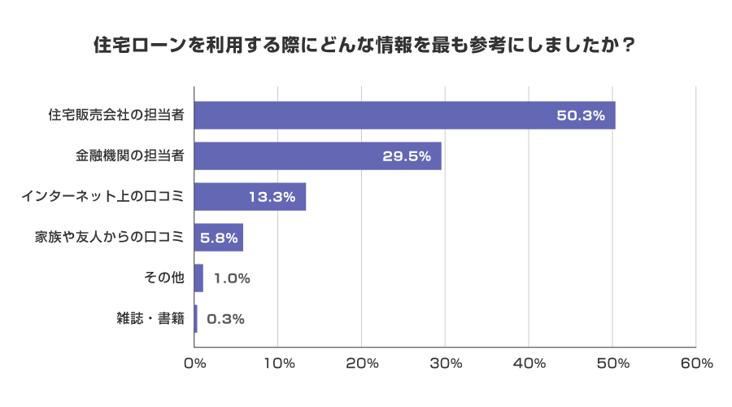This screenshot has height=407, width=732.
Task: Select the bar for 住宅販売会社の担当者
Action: pyautogui.click(x=404, y=116)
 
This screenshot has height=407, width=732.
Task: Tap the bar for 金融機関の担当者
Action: pyautogui.click(x=318, y=156)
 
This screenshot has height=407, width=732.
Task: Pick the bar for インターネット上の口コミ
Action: pyautogui.click(x=250, y=197)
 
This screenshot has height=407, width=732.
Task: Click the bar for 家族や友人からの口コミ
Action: pyautogui.click(x=219, y=238)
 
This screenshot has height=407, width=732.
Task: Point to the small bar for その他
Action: pyautogui.click(x=199, y=278)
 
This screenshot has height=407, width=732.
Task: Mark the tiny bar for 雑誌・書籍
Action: pyautogui.click(x=196, y=319)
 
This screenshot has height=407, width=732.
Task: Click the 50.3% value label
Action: pyautogui.click(x=581, y=116)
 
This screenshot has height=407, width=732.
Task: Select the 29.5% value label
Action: pyautogui.click(x=407, y=156)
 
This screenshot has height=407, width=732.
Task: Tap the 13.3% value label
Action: pyautogui.click(x=271, y=197)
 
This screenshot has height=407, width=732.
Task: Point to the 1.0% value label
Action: pyautogui.click(x=232, y=278)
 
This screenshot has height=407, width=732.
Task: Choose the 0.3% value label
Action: pyautogui.click(x=226, y=319)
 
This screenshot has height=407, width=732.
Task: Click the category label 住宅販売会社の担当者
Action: pyautogui.click(x=116, y=116)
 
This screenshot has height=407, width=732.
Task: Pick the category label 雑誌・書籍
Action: pyautogui.click(x=150, y=319)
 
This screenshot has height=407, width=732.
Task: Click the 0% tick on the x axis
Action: pyautogui.click(x=195, y=364)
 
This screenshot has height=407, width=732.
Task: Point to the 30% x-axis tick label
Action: pyautogui.click(x=446, y=364)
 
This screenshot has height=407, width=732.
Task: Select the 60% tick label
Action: pyautogui.click(x=696, y=364)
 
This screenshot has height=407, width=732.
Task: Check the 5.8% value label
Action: pyautogui.click(x=219, y=238)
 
